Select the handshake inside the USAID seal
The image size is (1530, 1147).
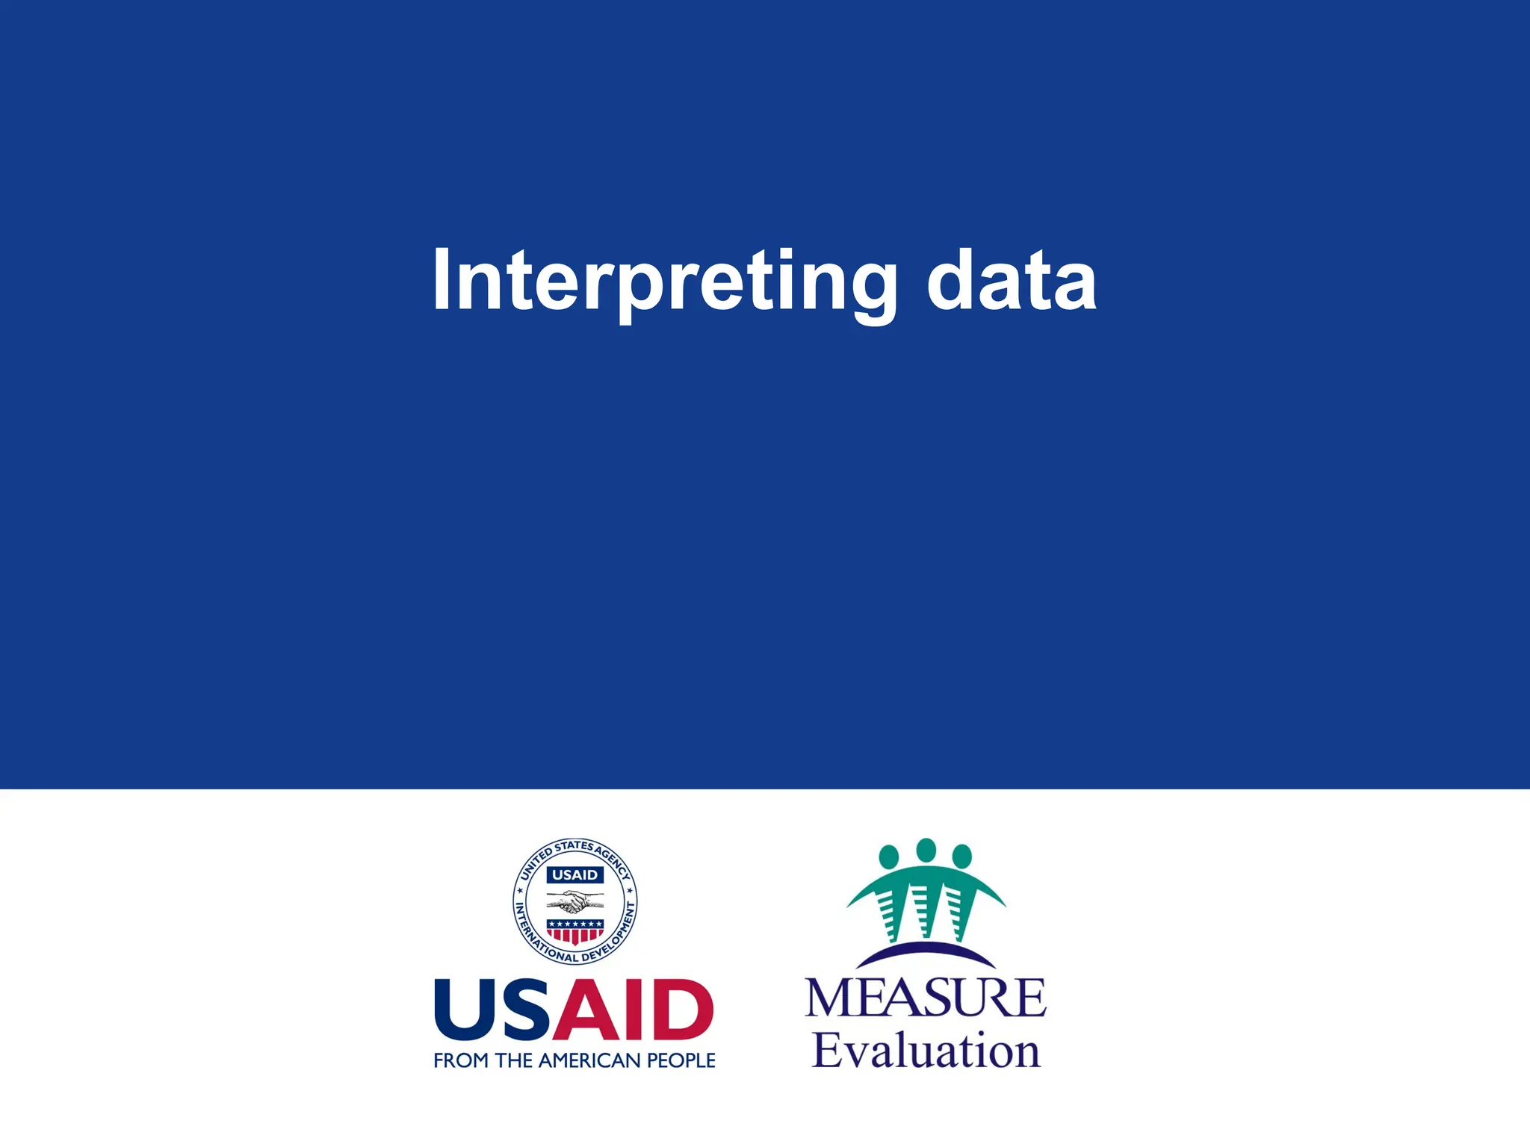pyautogui.click(x=574, y=904)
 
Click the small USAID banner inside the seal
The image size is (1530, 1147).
pyautogui.click(x=574, y=874)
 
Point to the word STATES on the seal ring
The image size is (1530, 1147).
pyautogui.click(x=574, y=847)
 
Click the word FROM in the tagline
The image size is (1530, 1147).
pyautogui.click(x=461, y=1060)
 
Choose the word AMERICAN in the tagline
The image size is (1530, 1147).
pyautogui.click(x=589, y=1060)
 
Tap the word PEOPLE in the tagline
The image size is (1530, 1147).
pyautogui.click(x=681, y=1060)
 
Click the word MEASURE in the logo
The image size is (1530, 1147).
pyautogui.click(x=926, y=998)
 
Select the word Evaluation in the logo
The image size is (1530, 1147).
pyautogui.click(x=926, y=1051)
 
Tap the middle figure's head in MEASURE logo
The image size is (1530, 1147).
pyautogui.click(x=926, y=849)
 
